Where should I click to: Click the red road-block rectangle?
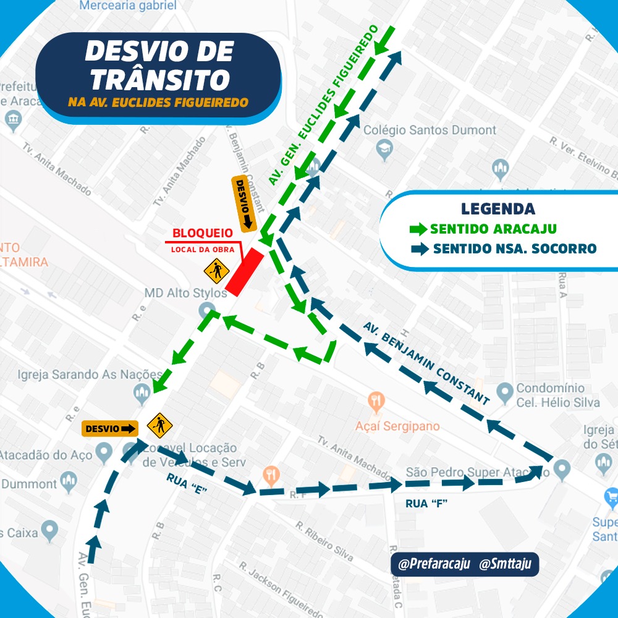pyautogui.click(x=245, y=271)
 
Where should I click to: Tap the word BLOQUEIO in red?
pyautogui.click(x=203, y=234)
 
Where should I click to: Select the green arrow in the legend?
pyautogui.click(x=418, y=229)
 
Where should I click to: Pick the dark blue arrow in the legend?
pyautogui.click(x=420, y=249)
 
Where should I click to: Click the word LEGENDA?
pyautogui.click(x=497, y=209)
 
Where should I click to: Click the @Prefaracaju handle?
pyautogui.click(x=434, y=564)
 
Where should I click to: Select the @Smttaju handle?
pyautogui.click(x=505, y=564)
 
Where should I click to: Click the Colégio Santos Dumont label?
pyautogui.click(x=430, y=130)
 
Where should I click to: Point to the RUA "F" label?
pyautogui.click(x=426, y=504)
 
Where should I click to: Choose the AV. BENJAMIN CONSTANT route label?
pyautogui.click(x=426, y=363)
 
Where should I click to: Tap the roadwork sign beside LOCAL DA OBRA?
pyautogui.click(x=216, y=270)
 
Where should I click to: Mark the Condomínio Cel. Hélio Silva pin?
pyautogui.click(x=506, y=391)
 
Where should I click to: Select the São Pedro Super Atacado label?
pyautogui.click(x=474, y=473)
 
